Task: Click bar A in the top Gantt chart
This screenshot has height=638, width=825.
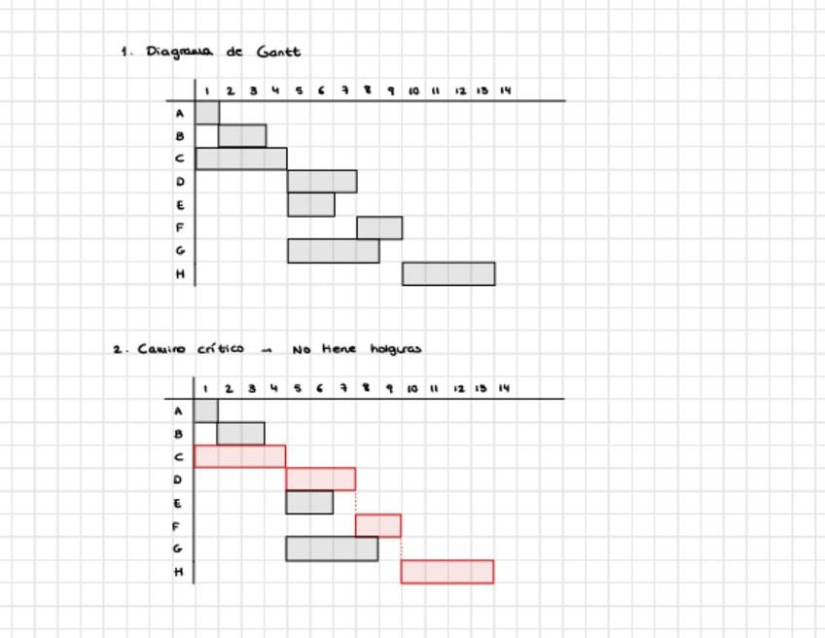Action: (x=207, y=113)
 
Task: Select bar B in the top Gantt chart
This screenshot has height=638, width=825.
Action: (x=242, y=135)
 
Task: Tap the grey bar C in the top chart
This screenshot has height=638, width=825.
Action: (x=241, y=159)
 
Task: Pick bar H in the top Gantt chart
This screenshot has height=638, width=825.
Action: (x=448, y=273)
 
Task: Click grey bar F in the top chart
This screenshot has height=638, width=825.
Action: (x=379, y=228)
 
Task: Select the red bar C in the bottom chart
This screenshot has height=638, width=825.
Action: (x=240, y=456)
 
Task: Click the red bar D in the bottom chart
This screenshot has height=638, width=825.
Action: (x=321, y=478)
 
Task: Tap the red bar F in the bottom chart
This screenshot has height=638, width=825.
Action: (x=378, y=525)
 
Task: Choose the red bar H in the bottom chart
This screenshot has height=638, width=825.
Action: (x=448, y=571)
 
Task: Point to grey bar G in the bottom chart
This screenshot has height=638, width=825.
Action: (x=332, y=549)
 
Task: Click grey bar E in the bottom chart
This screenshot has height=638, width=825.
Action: (x=309, y=502)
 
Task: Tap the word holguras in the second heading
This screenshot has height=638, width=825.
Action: (x=396, y=349)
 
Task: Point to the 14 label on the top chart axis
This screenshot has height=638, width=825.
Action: (x=505, y=91)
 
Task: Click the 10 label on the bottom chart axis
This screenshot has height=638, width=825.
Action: (x=412, y=389)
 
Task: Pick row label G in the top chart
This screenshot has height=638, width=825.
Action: (x=180, y=251)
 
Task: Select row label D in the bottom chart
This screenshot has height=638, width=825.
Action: (x=178, y=479)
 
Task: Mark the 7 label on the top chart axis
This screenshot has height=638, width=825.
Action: (x=344, y=91)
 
